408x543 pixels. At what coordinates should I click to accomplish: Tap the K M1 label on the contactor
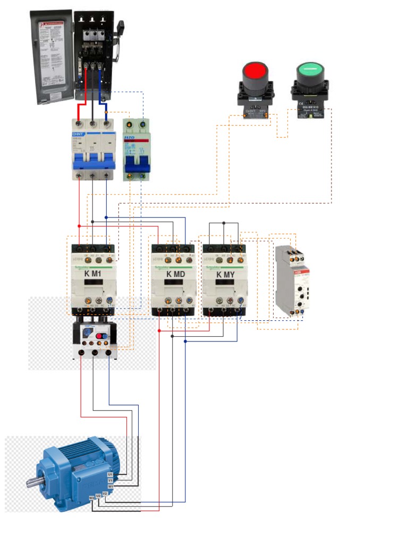tap(92, 274)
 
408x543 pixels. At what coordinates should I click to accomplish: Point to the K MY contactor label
tap(225, 274)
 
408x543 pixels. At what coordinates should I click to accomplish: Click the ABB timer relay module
tap(291, 281)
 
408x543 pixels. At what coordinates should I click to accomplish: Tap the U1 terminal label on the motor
tap(110, 474)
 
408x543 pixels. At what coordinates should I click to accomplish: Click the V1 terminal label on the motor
tap(110, 480)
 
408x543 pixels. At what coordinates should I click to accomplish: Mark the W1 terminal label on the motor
tap(110, 486)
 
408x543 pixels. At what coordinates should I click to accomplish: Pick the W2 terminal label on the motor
tap(91, 498)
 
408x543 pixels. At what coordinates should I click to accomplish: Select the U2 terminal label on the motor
tap(98, 496)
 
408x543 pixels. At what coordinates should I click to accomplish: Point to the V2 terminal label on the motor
tap(105, 494)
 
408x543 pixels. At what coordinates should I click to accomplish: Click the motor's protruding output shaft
tap(33, 483)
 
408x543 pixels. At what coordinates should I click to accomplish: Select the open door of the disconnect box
tap(52, 56)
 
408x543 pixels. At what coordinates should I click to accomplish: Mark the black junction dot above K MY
tap(224, 223)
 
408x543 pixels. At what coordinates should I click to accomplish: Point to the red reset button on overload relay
tap(100, 335)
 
